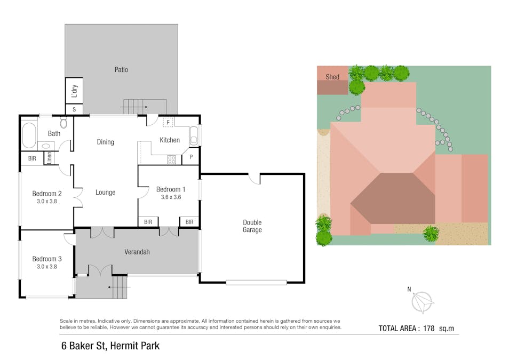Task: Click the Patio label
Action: point(121,69)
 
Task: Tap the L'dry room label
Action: point(74,91)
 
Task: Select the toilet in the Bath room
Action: point(64,123)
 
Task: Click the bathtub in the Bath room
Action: point(29,137)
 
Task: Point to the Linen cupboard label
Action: point(49,158)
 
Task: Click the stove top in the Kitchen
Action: point(173,159)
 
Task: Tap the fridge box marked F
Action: point(168,123)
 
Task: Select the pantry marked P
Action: point(191,158)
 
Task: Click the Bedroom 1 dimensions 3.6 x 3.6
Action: point(171,197)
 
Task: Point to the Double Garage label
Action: point(252,226)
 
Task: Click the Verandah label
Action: point(136,252)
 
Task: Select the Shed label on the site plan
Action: point(332,77)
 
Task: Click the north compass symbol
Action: point(421,302)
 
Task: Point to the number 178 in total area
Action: point(427,329)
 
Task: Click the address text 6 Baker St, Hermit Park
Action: point(110,346)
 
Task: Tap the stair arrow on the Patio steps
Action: point(133,107)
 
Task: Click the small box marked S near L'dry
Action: point(74,110)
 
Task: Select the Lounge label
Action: point(105,193)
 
